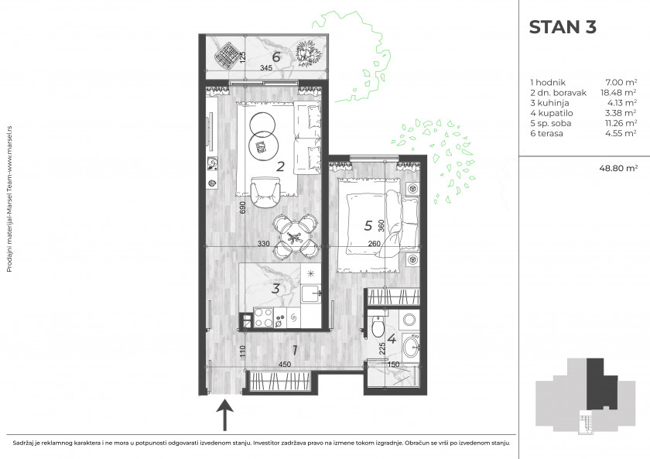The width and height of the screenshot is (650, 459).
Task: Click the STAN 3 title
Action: pos(563,27)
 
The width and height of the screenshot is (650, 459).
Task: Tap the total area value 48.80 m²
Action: pos(618,168)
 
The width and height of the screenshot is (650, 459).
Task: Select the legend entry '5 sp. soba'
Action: pos(550,123)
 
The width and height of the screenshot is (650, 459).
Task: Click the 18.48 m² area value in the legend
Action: pos(618,92)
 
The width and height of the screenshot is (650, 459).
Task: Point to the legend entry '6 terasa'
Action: pos(546,133)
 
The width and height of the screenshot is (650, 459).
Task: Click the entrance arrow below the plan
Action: pos(225,415)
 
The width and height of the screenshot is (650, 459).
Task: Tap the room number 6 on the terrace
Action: pos(276,57)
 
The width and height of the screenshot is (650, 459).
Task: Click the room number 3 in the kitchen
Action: pos(275,288)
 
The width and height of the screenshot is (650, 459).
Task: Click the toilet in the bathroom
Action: pos(378,327)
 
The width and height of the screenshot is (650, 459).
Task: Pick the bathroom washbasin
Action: pos(411,346)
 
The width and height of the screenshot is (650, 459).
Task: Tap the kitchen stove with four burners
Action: pos(263,317)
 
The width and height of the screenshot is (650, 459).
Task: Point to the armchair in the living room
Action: pos(266,192)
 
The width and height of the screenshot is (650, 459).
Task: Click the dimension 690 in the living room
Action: pos(243,207)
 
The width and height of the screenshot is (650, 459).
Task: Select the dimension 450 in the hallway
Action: pos(285,365)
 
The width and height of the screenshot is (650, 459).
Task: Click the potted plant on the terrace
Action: pos(308,53)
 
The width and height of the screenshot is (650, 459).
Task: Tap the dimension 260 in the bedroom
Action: pos(374,243)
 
